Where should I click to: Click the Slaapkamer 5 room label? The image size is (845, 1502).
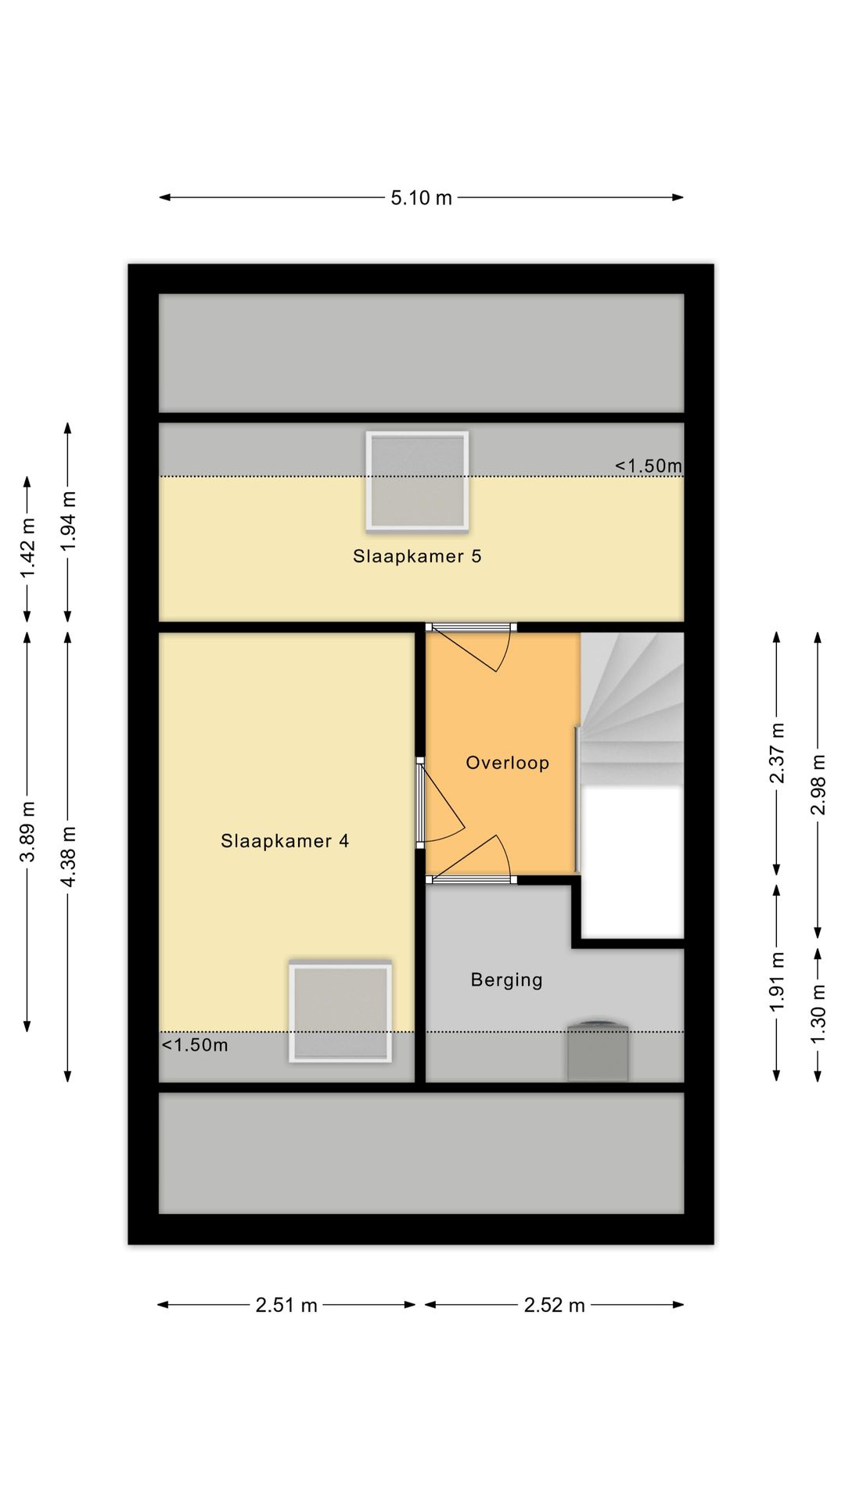pos(417,556)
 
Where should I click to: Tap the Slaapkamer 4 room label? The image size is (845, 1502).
pos(285,841)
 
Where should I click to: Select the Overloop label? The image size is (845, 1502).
pos(508,763)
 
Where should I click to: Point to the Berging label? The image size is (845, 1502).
pos(506,979)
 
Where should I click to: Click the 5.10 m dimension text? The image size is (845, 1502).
pos(422,198)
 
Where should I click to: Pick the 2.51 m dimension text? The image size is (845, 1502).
pos(286,1305)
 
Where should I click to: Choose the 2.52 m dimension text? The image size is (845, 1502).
pos(555,1305)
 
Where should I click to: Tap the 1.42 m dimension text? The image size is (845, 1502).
pos(28,548)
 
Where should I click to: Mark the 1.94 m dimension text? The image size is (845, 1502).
pos(69,520)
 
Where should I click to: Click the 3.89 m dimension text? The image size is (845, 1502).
pos(28,832)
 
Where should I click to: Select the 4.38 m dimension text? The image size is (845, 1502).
pos(69,857)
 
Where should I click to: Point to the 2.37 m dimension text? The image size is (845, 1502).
pos(777,753)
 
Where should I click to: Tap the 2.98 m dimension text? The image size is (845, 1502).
pos(818,785)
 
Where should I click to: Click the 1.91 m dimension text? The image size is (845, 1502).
pos(777,982)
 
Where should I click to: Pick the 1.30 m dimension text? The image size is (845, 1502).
pos(818,1013)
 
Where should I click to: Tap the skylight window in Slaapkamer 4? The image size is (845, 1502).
pos(340,1012)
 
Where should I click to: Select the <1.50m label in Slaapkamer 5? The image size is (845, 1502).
pos(649,466)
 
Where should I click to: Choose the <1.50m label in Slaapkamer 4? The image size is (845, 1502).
pos(195,1045)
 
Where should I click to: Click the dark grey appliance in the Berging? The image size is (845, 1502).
pos(599,1051)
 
